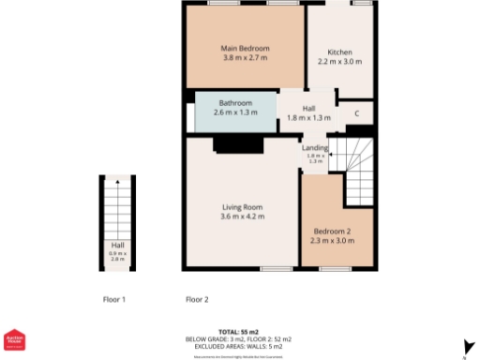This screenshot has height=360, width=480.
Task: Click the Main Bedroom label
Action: point(246,48)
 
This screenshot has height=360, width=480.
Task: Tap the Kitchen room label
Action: point(338,52)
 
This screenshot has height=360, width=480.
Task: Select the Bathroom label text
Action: point(235,103)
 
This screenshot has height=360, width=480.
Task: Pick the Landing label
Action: point(314,147)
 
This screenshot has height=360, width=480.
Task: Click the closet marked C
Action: point(357,114)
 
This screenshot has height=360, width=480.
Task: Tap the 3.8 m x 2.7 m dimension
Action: point(246,58)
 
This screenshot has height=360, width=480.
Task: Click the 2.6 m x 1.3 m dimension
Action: point(235,112)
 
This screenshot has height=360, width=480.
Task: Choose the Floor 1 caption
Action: point(114,300)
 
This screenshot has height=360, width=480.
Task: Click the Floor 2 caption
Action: point(197,300)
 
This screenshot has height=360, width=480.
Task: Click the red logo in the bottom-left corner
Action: point(12,340)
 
